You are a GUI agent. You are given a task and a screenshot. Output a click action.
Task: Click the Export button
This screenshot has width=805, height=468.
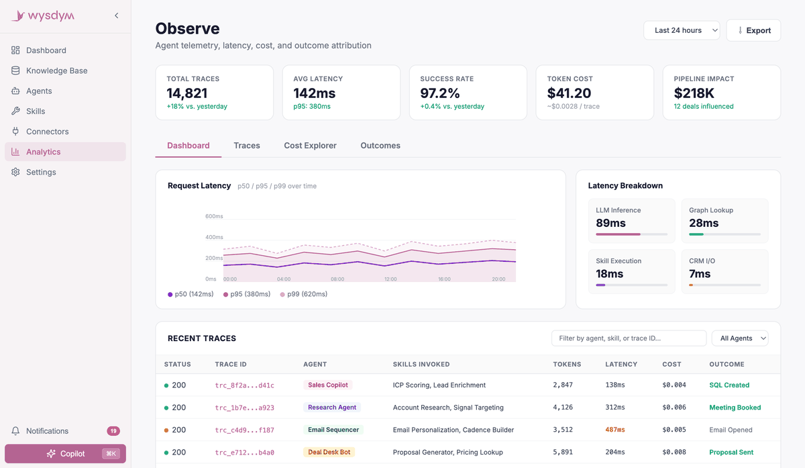753,30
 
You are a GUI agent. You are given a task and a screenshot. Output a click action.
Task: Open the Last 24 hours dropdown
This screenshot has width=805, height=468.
682,30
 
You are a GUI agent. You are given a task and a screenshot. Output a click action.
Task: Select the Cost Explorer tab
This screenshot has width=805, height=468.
310,145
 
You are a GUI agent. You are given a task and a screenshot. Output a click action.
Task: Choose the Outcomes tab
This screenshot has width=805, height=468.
380,145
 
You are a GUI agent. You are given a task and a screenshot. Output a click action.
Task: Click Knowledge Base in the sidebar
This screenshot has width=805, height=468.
57,71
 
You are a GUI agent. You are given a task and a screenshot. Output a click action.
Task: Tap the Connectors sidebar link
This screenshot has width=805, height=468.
47,132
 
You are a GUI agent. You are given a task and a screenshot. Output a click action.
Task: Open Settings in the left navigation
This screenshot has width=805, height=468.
41,172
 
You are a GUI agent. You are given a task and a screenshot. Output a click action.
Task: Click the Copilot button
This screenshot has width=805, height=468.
66,454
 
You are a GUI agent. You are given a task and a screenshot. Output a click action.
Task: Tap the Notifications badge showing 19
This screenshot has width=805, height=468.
113,430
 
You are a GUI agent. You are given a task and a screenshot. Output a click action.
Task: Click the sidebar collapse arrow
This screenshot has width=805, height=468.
117,15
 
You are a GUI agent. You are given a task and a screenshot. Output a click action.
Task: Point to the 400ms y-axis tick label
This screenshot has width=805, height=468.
214,237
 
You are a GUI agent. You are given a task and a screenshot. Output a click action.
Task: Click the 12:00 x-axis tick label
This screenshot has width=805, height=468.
390,279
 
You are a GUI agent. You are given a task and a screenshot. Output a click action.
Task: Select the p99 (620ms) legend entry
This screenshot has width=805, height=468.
304,294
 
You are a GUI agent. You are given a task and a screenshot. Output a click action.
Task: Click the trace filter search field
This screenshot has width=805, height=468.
629,338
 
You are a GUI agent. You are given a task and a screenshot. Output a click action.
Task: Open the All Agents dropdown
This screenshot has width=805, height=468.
740,338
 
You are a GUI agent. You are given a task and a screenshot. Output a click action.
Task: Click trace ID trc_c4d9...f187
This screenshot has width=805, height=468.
244,430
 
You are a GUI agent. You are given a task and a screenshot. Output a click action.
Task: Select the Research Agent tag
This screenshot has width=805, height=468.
331,407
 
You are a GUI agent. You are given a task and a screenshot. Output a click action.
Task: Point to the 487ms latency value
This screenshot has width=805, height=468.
615,430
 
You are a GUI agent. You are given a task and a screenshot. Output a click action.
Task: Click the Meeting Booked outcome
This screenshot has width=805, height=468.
735,407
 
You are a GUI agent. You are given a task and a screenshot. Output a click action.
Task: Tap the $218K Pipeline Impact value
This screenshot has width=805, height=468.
694,93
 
